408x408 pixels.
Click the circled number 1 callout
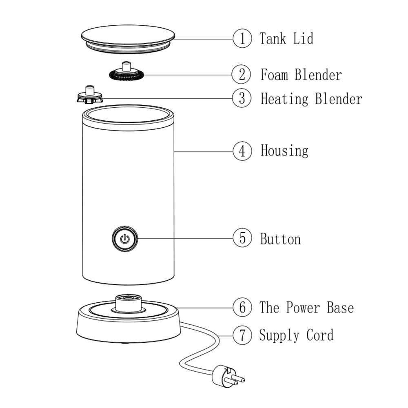click(x=242, y=39)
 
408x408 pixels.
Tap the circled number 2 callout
click(x=242, y=75)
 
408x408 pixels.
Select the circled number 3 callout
click(x=242, y=99)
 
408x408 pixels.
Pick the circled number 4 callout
click(x=242, y=151)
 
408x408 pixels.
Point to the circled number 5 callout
click(x=242, y=238)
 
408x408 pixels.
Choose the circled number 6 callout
click(x=242, y=307)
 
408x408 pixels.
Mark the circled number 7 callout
click(x=242, y=335)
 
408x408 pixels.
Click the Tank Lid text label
click(x=286, y=39)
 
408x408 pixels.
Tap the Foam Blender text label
click(x=301, y=75)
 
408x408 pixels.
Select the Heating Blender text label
click(x=311, y=99)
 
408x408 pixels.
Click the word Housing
click(x=284, y=151)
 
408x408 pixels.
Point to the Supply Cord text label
click(x=296, y=335)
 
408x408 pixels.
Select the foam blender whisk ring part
click(x=127, y=74)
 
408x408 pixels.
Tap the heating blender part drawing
click(x=89, y=96)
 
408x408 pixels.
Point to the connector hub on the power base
click(x=127, y=303)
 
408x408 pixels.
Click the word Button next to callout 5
click(x=280, y=239)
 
